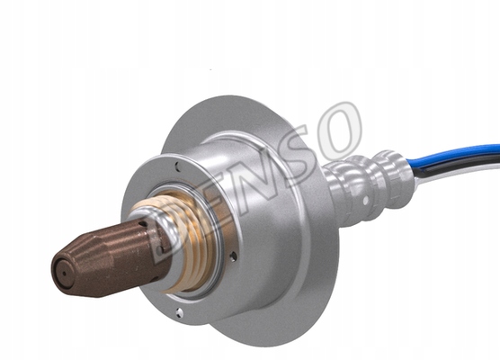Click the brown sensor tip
109,259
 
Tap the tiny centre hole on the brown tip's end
64,274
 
